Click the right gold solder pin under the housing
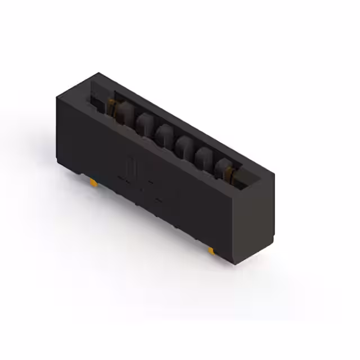(210, 250)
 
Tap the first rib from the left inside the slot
(123, 111)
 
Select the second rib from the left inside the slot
(142, 121)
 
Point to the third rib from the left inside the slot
(163, 134)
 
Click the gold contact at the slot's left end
(111, 104)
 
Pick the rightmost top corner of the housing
(274, 174)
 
